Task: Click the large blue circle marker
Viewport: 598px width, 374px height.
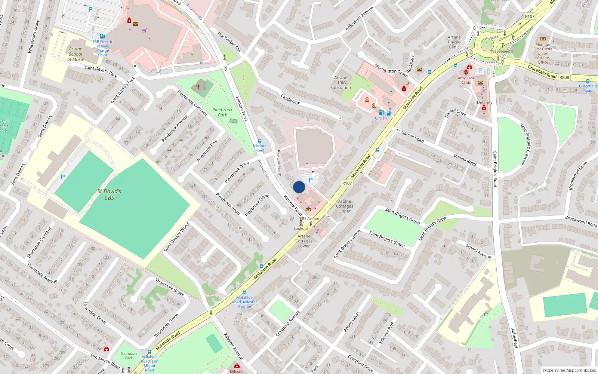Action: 299,187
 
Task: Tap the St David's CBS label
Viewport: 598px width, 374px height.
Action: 109,194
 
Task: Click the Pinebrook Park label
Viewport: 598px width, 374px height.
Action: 222,112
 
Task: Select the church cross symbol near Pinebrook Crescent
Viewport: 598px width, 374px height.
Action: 198,86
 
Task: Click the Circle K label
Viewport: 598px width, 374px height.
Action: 382,118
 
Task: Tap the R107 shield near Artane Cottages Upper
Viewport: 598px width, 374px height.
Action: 347,183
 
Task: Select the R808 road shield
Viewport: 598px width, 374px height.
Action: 564,77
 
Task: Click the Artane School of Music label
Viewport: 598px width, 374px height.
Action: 75,54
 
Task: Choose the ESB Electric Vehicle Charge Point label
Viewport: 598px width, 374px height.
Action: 102,48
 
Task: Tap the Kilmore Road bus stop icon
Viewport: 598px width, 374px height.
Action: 260,141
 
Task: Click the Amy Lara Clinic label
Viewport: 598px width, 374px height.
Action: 466,80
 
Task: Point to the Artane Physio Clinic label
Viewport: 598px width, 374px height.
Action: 454,42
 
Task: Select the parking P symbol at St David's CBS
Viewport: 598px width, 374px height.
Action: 63,177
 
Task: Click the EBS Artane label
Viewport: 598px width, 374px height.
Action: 309,218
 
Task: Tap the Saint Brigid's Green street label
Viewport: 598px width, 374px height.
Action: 387,239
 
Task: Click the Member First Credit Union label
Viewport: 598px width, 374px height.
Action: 543,51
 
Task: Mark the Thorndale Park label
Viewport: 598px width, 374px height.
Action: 129,355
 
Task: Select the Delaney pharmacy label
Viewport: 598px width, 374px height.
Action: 484,102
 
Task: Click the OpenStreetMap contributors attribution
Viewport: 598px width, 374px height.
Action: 569,370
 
